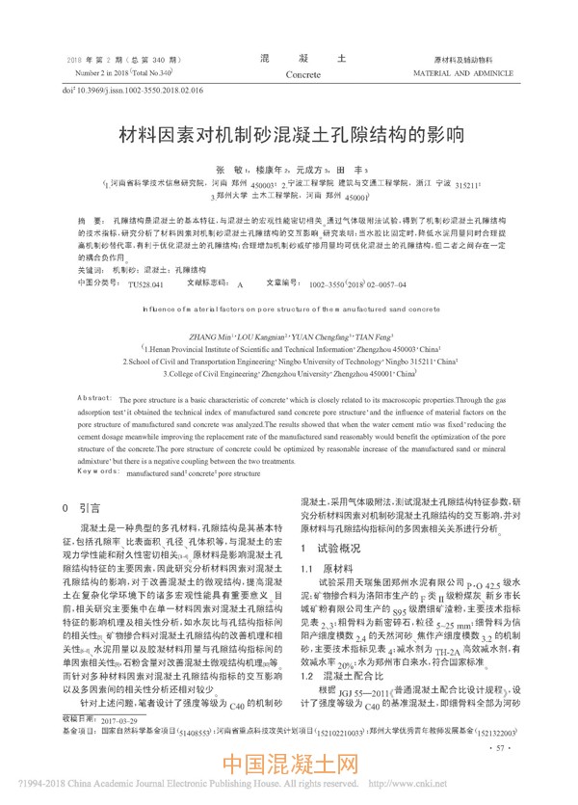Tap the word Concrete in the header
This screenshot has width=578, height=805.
click(304, 74)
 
